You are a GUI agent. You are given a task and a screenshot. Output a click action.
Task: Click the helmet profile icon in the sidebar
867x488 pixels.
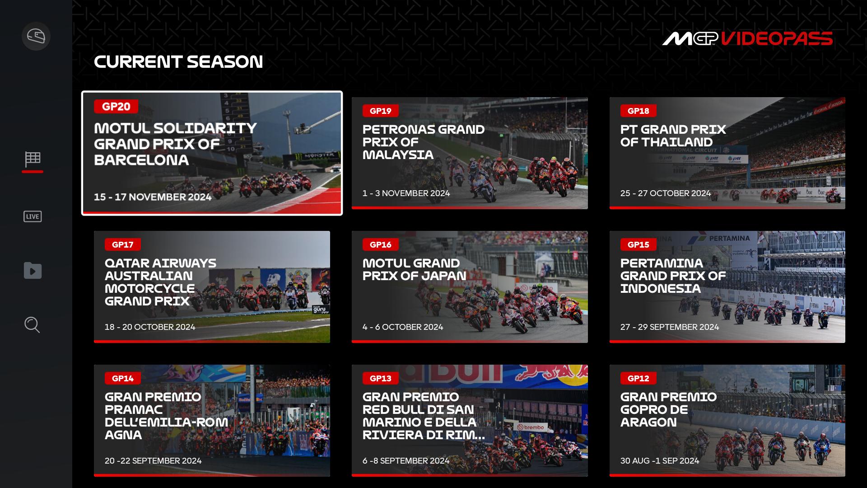36,36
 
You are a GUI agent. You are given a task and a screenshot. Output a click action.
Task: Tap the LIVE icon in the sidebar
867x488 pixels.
33,216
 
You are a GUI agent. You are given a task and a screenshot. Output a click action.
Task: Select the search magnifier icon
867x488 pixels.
32,325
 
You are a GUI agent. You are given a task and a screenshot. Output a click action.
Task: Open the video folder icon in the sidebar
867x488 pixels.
33,271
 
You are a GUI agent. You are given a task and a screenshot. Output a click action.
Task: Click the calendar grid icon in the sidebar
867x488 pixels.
33,159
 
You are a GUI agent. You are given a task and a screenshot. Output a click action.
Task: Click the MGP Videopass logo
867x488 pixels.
747,38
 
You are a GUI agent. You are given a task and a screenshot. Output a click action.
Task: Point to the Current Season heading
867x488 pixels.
178,62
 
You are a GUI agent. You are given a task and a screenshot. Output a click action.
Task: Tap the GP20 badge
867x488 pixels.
116,107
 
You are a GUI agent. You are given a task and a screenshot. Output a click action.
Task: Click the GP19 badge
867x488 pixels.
381,111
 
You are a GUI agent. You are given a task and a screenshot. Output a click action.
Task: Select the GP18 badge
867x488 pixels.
639,111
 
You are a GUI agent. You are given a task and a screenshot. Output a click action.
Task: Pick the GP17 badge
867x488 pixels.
123,244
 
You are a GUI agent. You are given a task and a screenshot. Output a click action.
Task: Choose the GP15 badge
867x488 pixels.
639,244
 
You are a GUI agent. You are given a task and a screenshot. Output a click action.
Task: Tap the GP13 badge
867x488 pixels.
381,378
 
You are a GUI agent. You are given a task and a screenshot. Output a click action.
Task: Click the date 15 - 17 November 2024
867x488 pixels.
153,197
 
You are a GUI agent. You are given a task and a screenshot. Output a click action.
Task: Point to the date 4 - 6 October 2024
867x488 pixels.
403,327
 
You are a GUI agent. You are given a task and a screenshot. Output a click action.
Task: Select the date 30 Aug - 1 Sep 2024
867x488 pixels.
660,460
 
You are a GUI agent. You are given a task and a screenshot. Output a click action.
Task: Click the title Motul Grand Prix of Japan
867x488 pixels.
415,269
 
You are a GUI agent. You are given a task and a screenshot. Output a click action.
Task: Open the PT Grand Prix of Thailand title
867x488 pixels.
673,136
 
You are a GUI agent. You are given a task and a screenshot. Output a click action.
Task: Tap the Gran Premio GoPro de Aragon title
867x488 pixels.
668,409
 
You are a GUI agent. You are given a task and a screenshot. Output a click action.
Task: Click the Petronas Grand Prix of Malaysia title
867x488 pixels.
424,142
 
